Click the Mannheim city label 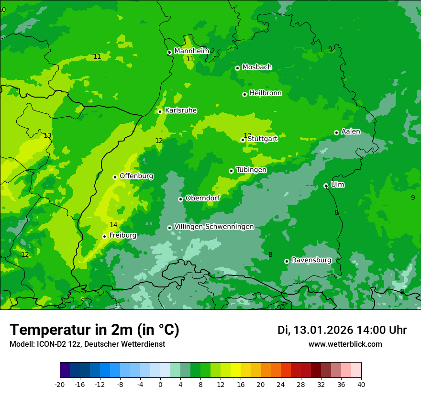click(x=192, y=51)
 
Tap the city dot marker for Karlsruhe click(x=160, y=111)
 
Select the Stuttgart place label click(x=262, y=139)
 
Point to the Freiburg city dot click(x=104, y=236)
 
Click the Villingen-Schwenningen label click(x=214, y=227)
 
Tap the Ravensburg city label click(x=311, y=260)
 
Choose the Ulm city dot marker click(x=326, y=186)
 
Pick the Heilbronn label click(x=266, y=93)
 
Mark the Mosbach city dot click(x=237, y=68)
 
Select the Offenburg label click(x=136, y=176)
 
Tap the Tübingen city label click(x=251, y=170)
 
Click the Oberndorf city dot click(x=180, y=199)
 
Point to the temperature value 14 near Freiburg click(x=113, y=225)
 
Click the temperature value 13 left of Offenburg click(x=47, y=135)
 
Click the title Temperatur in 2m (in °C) click(x=94, y=330)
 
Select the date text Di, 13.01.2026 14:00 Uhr click(x=342, y=330)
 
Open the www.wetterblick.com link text click(x=345, y=344)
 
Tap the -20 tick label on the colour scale click(x=59, y=384)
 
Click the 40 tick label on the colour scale click(x=361, y=384)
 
